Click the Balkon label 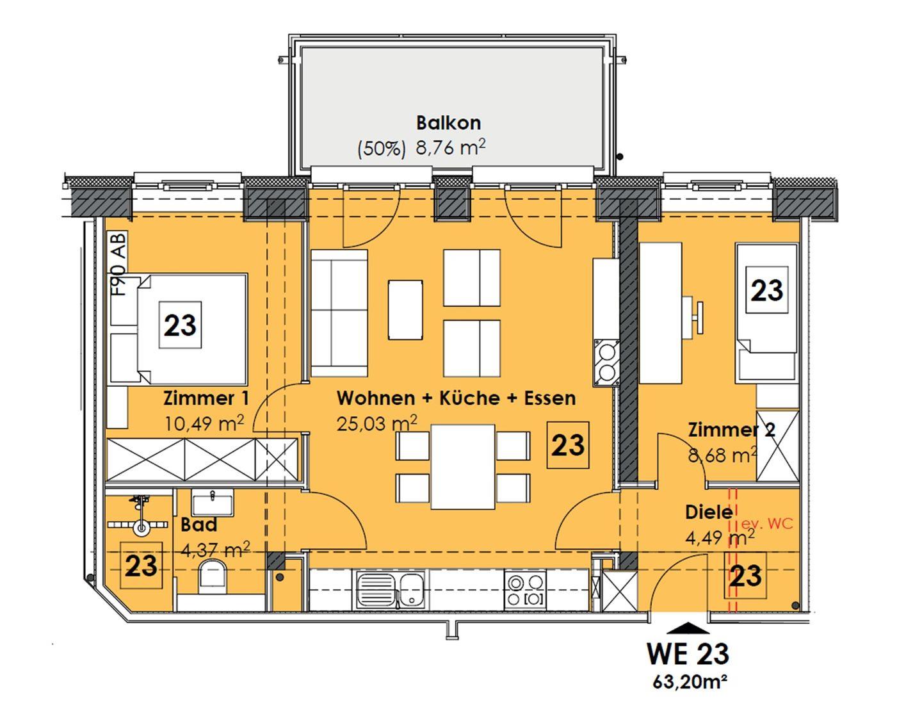[448, 123]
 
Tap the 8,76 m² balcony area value [450, 148]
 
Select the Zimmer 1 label [206, 398]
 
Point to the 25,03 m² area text [376, 423]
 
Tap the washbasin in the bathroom [212, 503]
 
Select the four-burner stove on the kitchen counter [525, 591]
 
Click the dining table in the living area [463, 467]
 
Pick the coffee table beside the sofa [405, 309]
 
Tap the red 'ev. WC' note [766, 524]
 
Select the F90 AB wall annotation [119, 264]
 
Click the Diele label [709, 512]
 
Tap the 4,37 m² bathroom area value [215, 550]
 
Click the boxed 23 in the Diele [745, 576]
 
